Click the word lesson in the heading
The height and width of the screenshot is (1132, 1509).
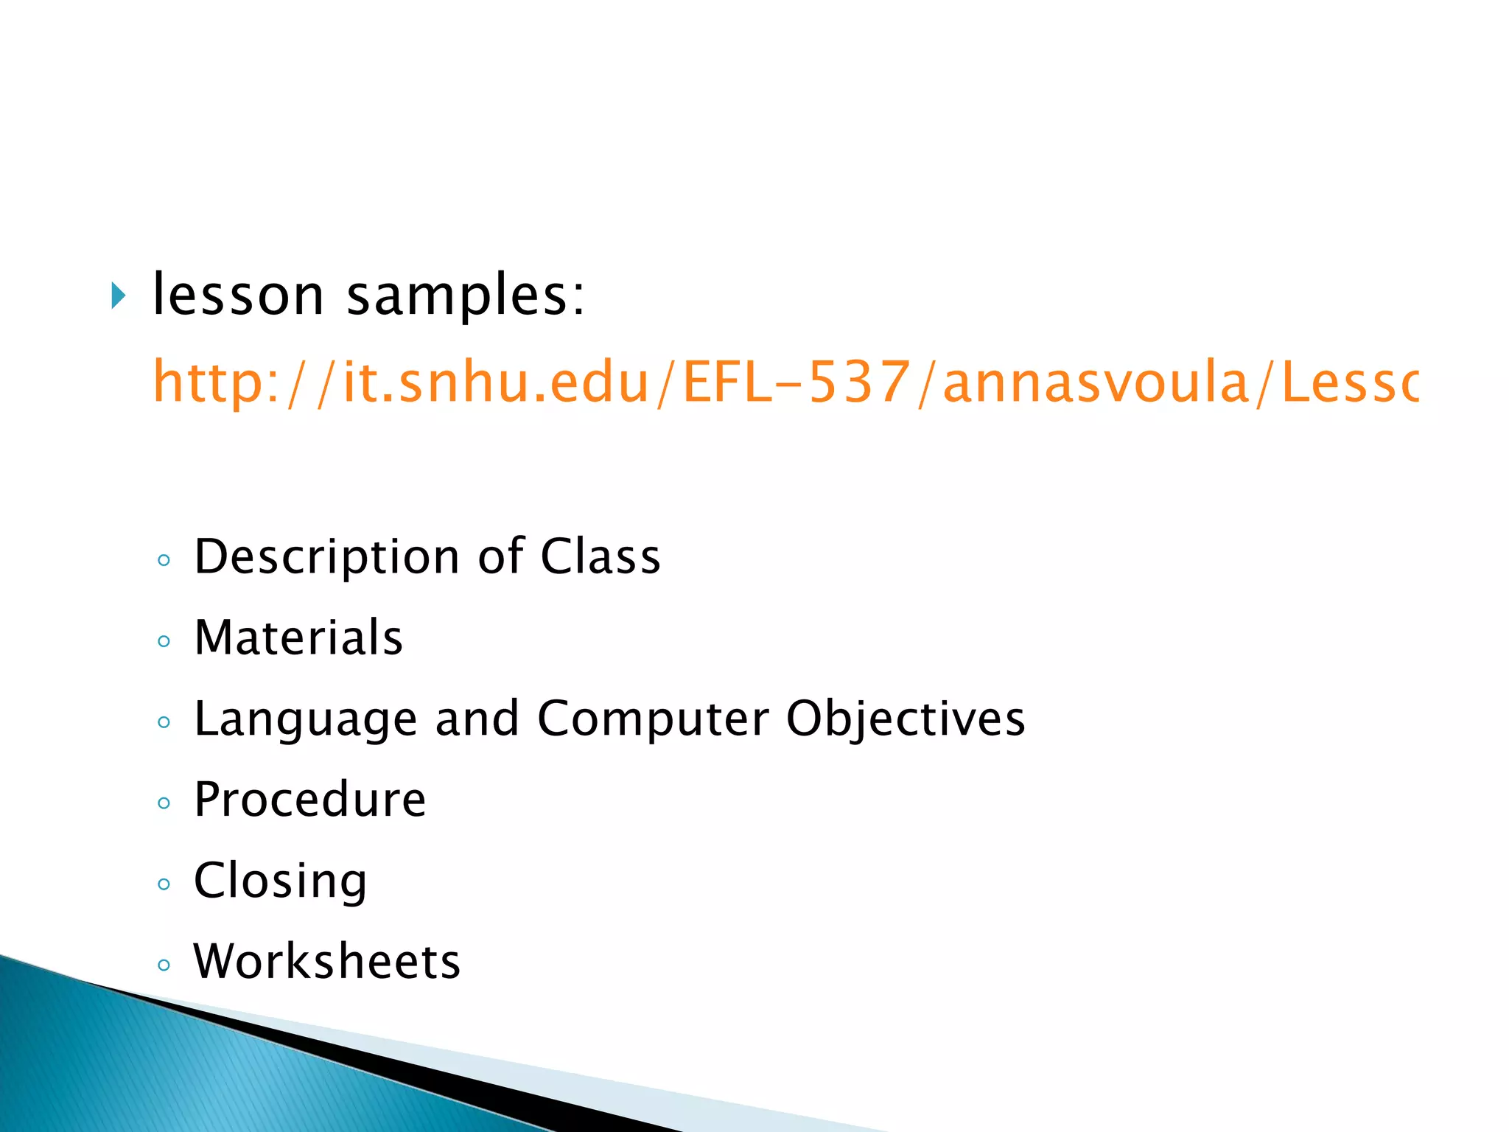tap(238, 295)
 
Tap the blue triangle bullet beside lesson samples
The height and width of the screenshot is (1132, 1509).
tap(118, 296)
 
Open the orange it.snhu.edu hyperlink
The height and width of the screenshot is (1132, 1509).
tap(785, 382)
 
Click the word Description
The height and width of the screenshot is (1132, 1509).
tap(327, 557)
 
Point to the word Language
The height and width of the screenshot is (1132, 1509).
tap(305, 719)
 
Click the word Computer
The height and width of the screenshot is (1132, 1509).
tap(654, 719)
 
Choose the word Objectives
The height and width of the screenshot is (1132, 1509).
tap(906, 719)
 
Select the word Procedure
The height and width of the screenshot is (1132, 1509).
tap(309, 800)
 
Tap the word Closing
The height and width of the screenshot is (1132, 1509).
tap(280, 881)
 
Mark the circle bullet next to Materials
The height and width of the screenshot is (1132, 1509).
tap(164, 641)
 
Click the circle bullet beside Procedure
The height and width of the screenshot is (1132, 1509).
tap(164, 803)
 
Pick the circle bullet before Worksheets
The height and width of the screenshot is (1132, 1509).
tap(164, 965)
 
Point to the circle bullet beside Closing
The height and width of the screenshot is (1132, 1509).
tap(164, 884)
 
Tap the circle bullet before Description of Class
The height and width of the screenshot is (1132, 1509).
tap(164, 560)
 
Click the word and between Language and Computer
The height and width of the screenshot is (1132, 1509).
tap(477, 719)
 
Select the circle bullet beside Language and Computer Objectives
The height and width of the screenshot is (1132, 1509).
tap(164, 722)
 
